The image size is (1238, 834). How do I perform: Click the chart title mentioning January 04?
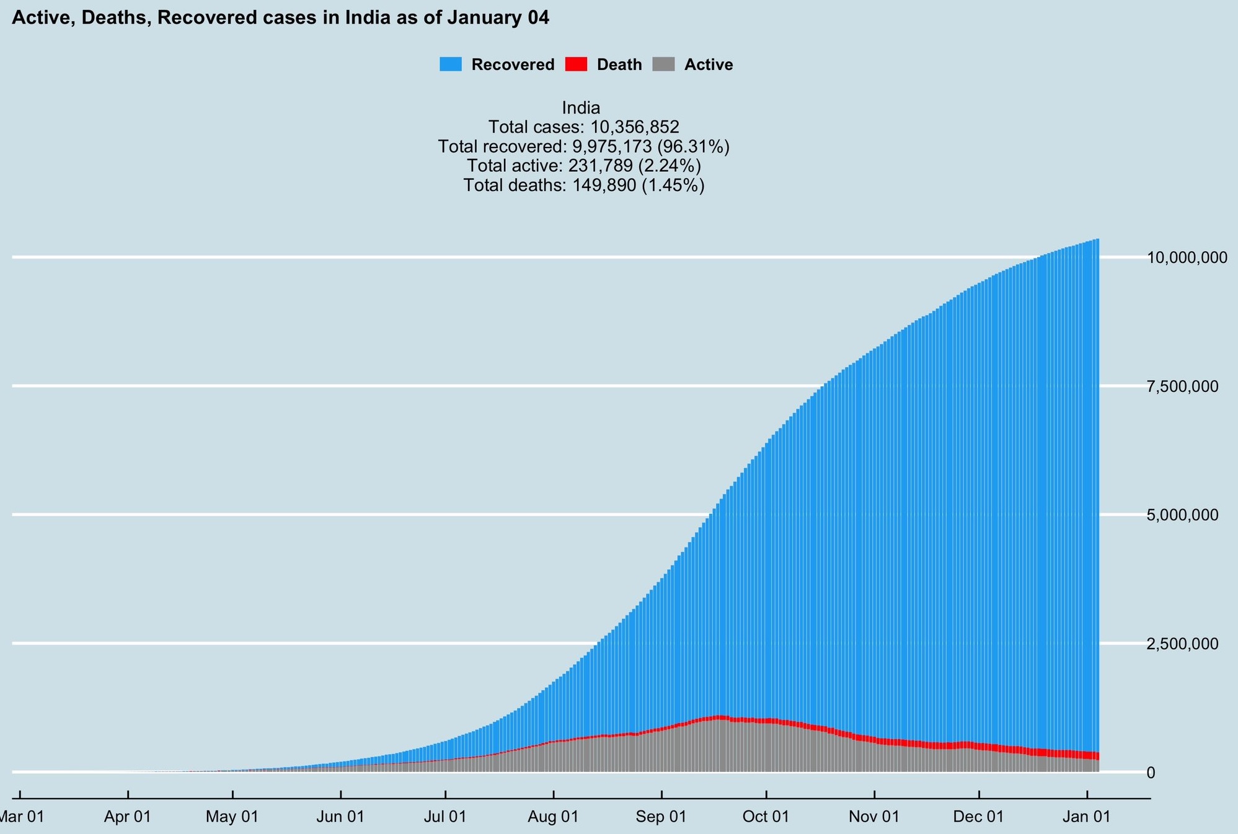(280, 18)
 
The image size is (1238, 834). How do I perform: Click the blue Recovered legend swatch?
(451, 64)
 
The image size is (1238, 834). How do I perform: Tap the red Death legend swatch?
(576, 64)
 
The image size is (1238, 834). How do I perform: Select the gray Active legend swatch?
(663, 64)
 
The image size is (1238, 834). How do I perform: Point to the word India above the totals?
(581, 108)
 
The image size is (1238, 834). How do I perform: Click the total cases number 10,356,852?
(634, 127)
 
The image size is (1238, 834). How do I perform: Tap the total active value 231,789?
(600, 166)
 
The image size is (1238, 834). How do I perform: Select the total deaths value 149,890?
(601, 185)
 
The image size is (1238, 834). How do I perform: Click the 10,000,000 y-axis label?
(1187, 257)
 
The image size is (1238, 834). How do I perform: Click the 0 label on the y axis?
(1151, 773)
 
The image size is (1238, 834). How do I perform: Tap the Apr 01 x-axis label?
(128, 817)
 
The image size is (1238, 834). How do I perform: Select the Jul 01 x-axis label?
(445, 817)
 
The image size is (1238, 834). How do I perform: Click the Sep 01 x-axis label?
(661, 817)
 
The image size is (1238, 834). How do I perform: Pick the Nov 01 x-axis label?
(874, 817)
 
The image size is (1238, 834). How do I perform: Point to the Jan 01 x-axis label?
(1086, 817)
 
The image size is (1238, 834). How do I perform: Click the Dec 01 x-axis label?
(979, 817)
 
